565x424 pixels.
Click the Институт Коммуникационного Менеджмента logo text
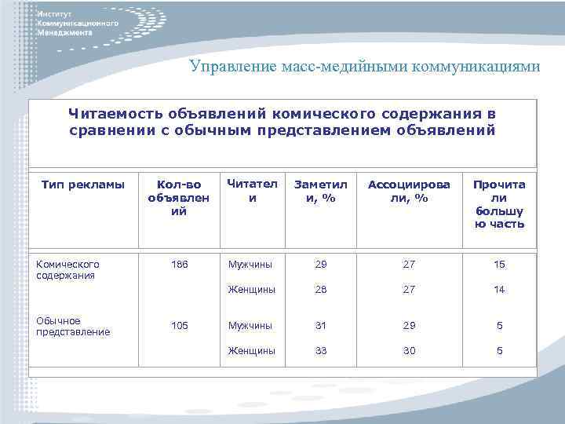pos(78,24)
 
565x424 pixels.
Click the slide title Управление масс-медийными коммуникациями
pos(364,66)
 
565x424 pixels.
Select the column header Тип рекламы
pos(83,185)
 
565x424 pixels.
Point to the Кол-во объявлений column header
pos(179,198)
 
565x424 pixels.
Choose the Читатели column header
pos(252,191)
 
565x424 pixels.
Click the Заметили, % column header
pos(320,192)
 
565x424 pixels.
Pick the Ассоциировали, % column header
pos(410,192)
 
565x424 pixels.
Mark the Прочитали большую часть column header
pos(499,204)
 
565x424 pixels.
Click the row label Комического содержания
pos(68,270)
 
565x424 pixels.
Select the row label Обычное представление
pos(74,326)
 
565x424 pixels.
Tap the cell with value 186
pos(180,265)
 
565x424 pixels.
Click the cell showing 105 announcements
pos(180,325)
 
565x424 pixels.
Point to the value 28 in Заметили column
pos(320,290)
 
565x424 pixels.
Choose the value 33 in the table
pos(320,351)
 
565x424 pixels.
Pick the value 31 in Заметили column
pos(320,325)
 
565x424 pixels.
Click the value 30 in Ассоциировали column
pos(410,351)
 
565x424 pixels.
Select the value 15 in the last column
pos(499,265)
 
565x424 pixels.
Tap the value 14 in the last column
pos(499,290)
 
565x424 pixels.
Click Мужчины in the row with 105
pos(251,325)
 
